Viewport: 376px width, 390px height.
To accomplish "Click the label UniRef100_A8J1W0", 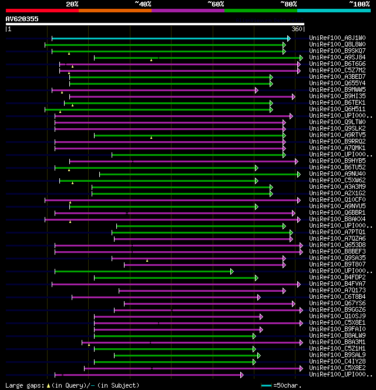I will pos(337,38).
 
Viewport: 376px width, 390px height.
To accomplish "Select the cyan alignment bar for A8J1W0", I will pos(170,38).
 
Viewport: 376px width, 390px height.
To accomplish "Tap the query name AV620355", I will pos(22,19).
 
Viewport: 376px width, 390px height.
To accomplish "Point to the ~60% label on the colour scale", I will pos(216,4).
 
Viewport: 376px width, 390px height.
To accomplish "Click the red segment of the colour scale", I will pos(42,11).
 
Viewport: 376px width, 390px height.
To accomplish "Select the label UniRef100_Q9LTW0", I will pos(337,122).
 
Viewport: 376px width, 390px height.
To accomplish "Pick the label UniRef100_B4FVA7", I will pos(337,284).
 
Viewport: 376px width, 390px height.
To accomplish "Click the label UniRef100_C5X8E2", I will pos(337,368).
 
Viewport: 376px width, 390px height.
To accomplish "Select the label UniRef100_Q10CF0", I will pos(337,199).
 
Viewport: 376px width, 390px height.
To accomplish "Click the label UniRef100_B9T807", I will pos(337,264).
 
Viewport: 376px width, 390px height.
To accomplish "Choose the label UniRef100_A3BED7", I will pos(337,76).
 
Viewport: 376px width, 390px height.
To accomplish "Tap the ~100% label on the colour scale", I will pos(358,4).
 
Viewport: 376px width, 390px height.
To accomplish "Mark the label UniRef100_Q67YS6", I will pos(337,303).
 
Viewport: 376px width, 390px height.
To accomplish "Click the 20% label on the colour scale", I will pos(72,4).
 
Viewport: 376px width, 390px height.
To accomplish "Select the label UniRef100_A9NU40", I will pos(337,174).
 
